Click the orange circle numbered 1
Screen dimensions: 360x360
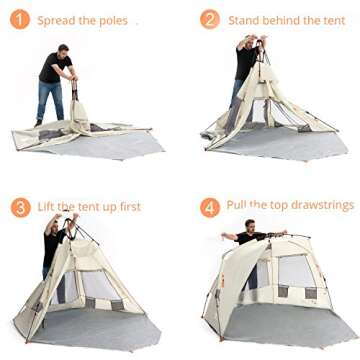(20, 19)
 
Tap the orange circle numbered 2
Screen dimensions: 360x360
(209, 19)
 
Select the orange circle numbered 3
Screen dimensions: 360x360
(20, 207)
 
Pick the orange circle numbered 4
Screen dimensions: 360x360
(209, 207)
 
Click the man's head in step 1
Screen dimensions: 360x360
(62, 49)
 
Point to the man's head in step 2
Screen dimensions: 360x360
(249, 41)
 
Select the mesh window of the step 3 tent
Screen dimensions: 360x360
(98, 286)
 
